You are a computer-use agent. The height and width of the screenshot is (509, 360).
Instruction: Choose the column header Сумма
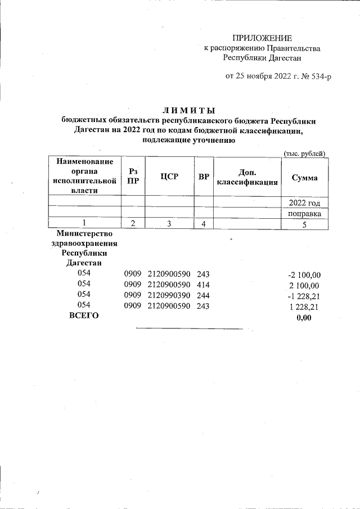[x=304, y=178]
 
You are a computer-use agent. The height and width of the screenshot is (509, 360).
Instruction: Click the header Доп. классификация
[x=247, y=177]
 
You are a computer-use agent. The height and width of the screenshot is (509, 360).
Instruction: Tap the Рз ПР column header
[x=133, y=177]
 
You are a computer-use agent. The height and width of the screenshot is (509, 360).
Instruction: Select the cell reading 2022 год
[x=304, y=202]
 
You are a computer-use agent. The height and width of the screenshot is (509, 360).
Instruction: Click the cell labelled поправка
[x=304, y=213]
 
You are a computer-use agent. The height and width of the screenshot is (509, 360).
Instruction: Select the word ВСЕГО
[x=83, y=316]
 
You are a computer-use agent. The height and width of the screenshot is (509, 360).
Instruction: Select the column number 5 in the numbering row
[x=304, y=224]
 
